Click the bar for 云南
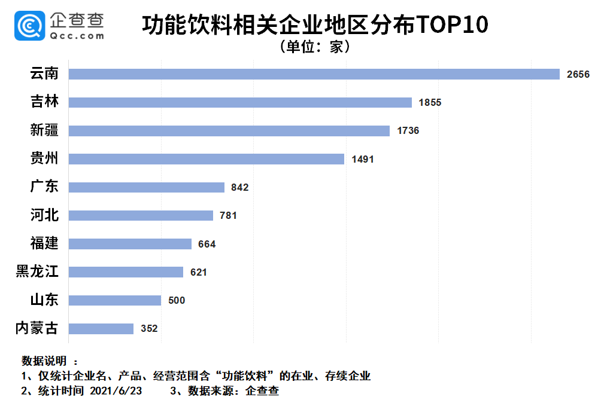pos(314,74)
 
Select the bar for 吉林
pos(240,102)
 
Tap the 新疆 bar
pos(229,130)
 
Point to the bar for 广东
pos(147,187)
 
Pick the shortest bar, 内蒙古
pos(101,329)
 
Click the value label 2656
pos(578,74)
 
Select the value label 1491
pos(363,159)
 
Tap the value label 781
pos(228,215)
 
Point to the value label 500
pos(177,300)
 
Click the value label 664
pos(207,244)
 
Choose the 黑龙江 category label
pos(37,272)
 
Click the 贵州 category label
pos(44,158)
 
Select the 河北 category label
pos(44,215)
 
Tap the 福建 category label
pos(44,243)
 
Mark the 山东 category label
pos(44,300)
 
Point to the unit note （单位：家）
pos(315,47)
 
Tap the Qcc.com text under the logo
pos(77,36)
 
